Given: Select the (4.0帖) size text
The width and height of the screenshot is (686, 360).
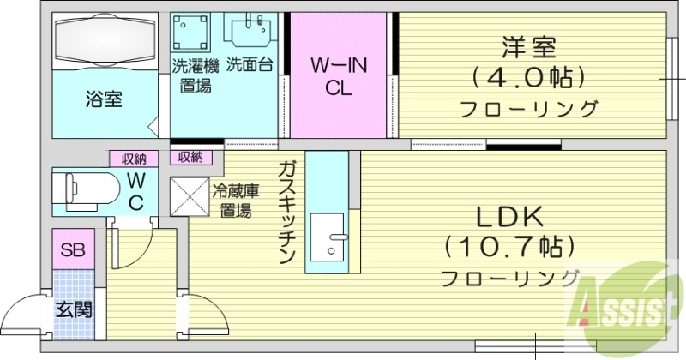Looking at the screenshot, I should click(x=528, y=76).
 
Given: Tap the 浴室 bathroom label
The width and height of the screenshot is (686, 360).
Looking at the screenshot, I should click(x=103, y=99).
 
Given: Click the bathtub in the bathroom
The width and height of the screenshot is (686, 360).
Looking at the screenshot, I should click(x=105, y=39).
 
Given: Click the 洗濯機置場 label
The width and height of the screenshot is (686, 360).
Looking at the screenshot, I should click(x=196, y=75).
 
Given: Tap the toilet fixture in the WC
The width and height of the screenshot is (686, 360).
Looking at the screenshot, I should click(x=86, y=188).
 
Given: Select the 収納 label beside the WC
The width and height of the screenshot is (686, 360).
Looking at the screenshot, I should click(x=133, y=158).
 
